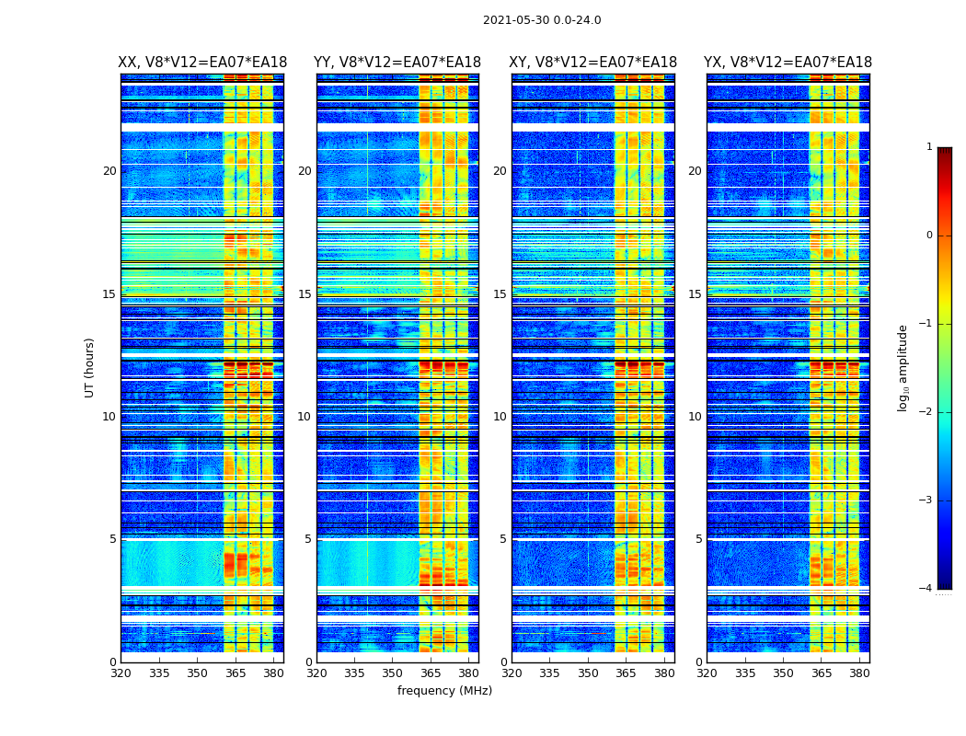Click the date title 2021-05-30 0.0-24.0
click(x=542, y=20)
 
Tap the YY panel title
click(x=397, y=63)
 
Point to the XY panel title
click(x=593, y=63)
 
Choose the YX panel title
click(x=788, y=63)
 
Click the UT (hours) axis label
click(x=89, y=367)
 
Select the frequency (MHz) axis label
click(x=444, y=691)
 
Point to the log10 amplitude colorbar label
click(x=903, y=367)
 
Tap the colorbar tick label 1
click(x=929, y=147)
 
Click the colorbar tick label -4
click(x=926, y=589)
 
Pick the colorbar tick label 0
click(x=929, y=236)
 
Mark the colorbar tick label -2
click(x=926, y=412)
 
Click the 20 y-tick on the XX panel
click(x=109, y=171)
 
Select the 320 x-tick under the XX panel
click(x=121, y=673)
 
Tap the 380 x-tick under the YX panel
click(x=859, y=673)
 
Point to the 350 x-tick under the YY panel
click(x=393, y=673)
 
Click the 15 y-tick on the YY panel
click(x=305, y=294)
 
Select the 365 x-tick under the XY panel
click(x=626, y=673)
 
